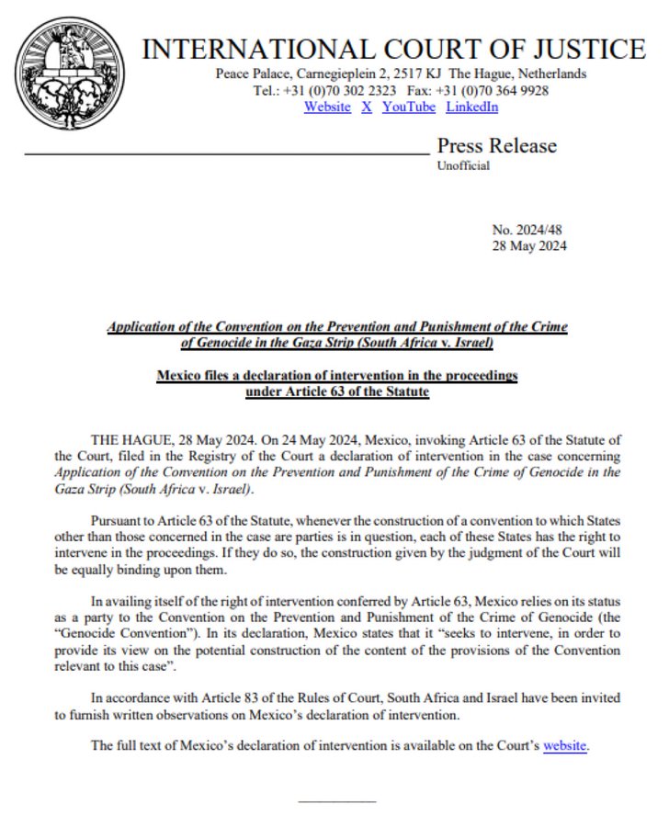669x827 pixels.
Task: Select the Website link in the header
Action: (327, 108)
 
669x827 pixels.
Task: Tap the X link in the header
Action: (367, 108)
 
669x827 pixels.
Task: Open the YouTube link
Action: (409, 108)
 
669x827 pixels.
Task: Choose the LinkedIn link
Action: (472, 108)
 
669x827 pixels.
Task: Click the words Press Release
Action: (496, 145)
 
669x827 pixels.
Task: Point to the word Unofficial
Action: (463, 166)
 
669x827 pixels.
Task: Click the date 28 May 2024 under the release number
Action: (530, 245)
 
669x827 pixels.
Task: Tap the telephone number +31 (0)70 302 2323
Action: (342, 91)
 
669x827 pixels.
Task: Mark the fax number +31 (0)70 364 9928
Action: (499, 91)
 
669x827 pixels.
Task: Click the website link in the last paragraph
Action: (564, 745)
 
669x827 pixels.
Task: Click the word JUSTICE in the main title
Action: (593, 49)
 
